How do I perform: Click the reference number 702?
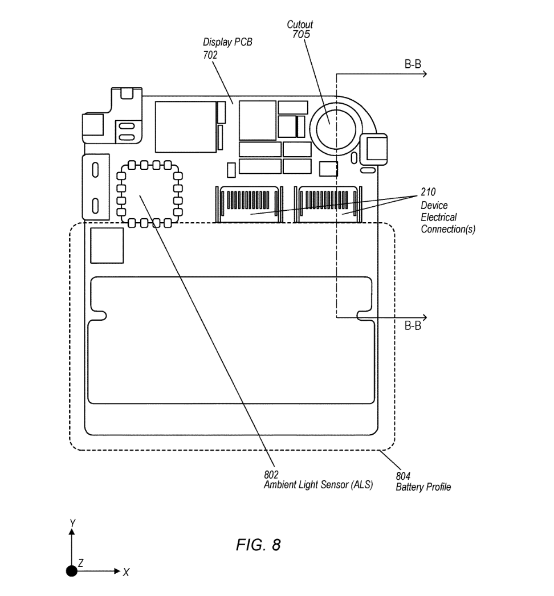click(211, 55)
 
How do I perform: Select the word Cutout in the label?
click(300, 25)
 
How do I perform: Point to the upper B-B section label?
click(413, 65)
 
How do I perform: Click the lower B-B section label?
click(413, 326)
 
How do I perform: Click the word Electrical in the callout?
click(439, 218)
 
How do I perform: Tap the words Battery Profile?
click(423, 487)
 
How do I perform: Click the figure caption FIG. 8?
click(258, 545)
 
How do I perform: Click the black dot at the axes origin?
click(72, 571)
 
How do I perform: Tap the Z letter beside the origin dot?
click(81, 562)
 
